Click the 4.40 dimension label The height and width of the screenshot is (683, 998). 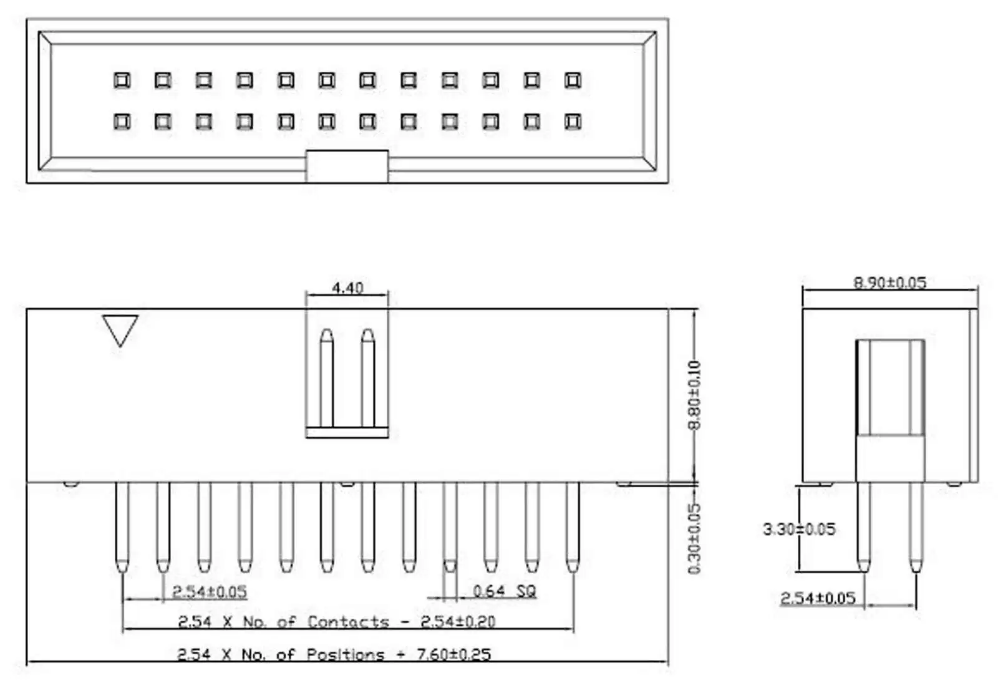click(x=347, y=288)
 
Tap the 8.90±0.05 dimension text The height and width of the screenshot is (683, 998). click(x=889, y=283)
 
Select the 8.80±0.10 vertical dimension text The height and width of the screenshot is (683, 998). click(x=694, y=395)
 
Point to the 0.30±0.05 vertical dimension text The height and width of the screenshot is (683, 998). click(x=694, y=538)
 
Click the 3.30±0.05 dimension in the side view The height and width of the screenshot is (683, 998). click(x=799, y=529)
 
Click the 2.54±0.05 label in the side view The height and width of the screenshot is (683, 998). click(x=818, y=598)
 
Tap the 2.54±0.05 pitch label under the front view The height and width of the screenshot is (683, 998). click(x=210, y=591)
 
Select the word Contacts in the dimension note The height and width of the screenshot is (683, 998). click(x=348, y=621)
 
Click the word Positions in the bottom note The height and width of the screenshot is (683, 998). click(x=346, y=654)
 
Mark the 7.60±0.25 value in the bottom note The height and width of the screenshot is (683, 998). click(x=453, y=654)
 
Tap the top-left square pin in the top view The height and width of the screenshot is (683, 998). click(x=122, y=80)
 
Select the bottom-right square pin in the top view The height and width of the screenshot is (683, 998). click(x=573, y=122)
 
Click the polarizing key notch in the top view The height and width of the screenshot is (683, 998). click(x=347, y=166)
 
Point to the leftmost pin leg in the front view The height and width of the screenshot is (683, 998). click(x=122, y=527)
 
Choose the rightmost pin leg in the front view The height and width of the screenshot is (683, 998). click(x=573, y=527)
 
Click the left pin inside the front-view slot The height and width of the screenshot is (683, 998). click(x=327, y=378)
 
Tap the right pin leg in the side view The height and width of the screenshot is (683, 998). click(x=915, y=527)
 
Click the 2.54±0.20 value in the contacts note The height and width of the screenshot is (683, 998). click(x=458, y=621)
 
